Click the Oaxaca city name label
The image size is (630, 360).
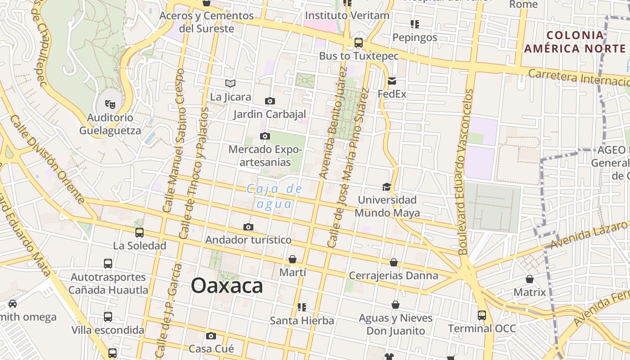pos(227,286)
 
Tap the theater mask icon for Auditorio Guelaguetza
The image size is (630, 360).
pos(110,104)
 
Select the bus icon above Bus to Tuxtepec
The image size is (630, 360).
pos(359,43)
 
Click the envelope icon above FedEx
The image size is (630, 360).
pos(391,81)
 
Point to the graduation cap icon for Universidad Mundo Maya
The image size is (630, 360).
pos(387,187)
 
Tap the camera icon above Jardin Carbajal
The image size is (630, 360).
pos(270,101)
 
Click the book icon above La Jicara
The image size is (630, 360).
pos(230,83)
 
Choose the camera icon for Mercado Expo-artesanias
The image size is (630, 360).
pos(265,136)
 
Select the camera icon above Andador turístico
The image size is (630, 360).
pos(248,227)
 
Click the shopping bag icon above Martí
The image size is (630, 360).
pos(292,259)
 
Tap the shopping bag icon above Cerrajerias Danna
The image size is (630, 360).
pos(394,262)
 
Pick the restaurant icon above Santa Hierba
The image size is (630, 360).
pos(301,307)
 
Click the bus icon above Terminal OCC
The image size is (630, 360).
pos(482,315)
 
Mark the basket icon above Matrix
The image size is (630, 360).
pos(530,279)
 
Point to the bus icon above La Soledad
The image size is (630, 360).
pos(139,233)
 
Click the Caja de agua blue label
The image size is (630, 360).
pos(274,197)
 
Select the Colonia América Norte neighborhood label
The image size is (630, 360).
pos(575,42)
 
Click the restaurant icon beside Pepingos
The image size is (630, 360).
pos(414,24)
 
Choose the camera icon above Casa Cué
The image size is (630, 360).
pos(211,336)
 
